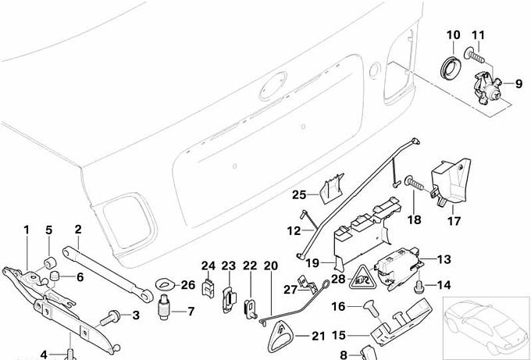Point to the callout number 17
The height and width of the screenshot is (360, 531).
(x=454, y=221)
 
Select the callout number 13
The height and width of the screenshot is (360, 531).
(x=444, y=259)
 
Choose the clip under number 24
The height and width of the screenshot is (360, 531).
(x=208, y=287)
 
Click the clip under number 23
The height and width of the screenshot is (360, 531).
(x=229, y=296)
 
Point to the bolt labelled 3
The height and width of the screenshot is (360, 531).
(x=113, y=316)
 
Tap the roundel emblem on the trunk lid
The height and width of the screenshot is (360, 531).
(x=274, y=86)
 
